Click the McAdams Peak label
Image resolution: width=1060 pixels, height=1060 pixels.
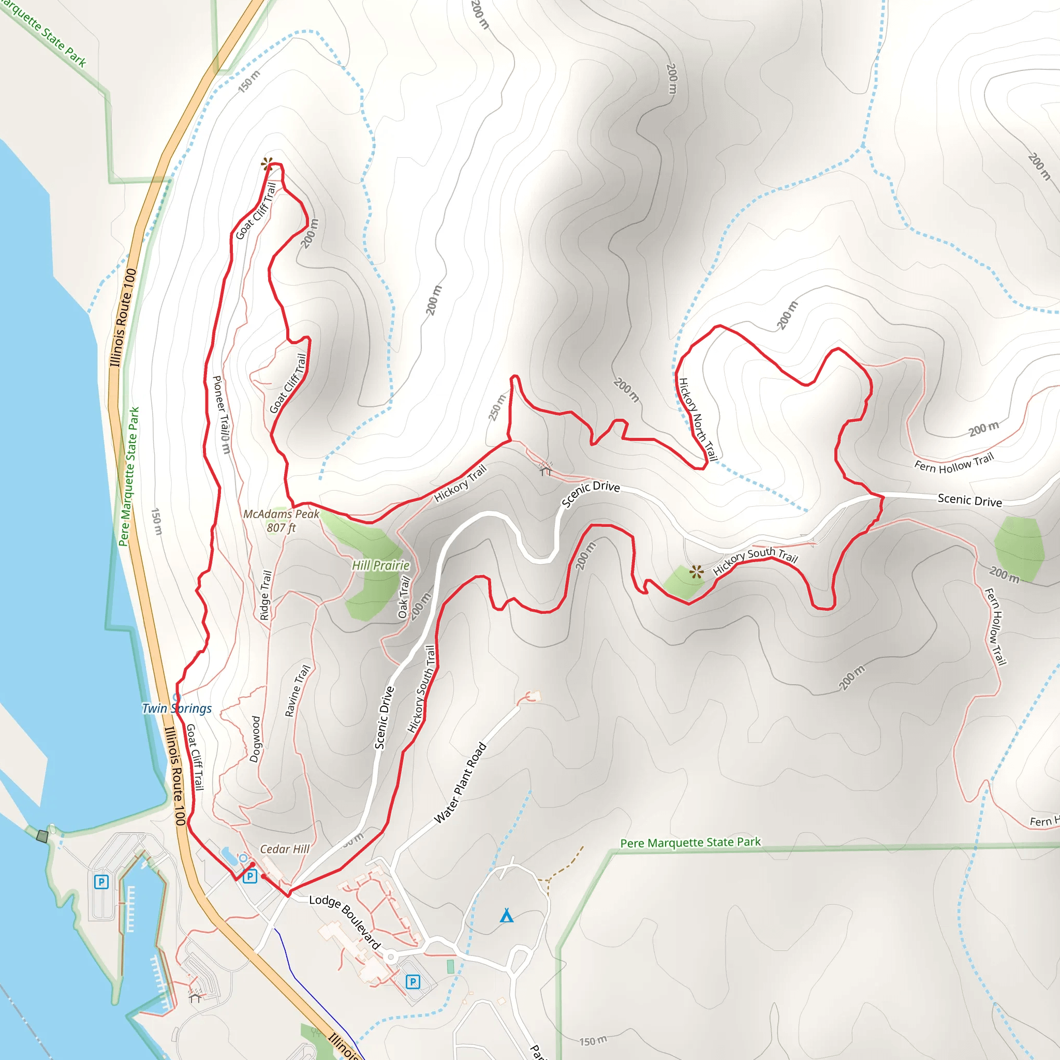point(281,520)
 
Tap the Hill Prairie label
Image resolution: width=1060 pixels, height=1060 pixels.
point(381,565)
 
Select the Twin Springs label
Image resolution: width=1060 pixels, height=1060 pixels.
point(176,709)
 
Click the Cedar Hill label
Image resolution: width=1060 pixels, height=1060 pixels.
point(284,849)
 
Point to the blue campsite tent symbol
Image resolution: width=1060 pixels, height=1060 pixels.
point(506,916)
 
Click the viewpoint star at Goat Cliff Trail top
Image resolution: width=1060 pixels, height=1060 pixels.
point(267,163)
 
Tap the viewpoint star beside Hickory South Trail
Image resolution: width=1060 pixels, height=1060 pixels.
point(696,572)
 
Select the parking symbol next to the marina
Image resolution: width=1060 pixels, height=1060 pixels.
point(101,881)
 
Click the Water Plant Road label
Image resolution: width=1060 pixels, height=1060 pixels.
point(460,783)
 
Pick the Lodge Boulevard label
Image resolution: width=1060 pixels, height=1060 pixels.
point(345,921)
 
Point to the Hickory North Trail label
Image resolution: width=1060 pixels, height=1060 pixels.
point(698,420)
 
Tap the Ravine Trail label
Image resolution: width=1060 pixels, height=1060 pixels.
point(298,691)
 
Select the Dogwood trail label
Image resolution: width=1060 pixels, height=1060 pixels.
point(255,739)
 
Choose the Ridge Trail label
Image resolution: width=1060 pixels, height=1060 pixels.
point(266,595)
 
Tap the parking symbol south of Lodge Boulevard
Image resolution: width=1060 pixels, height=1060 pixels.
point(413,981)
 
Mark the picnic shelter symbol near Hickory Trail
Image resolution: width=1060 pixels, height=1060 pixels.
point(545,469)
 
